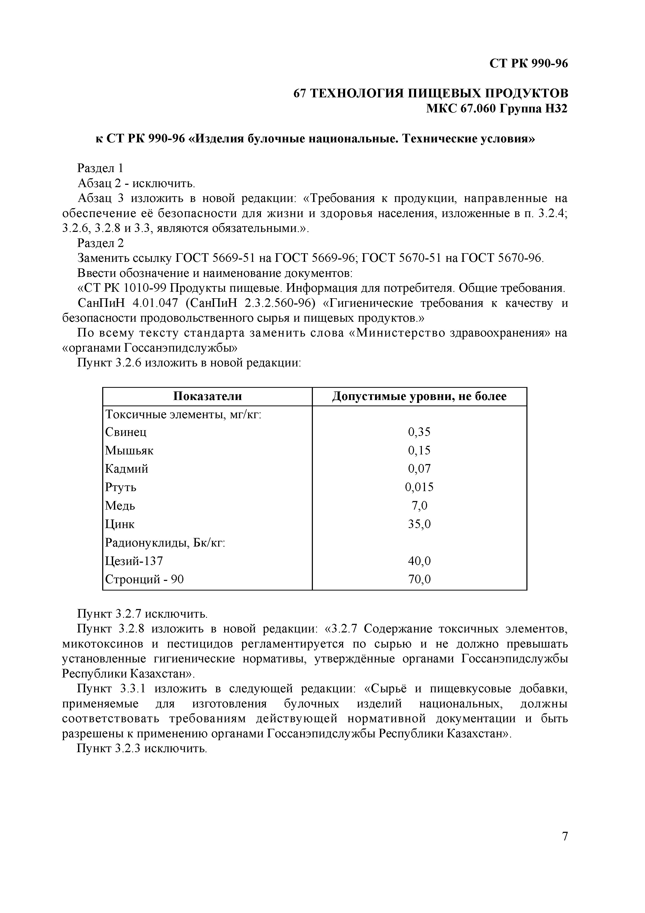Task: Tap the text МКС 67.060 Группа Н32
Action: pos(497,108)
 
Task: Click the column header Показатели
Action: pos(208,396)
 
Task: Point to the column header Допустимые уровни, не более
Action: pos(419,396)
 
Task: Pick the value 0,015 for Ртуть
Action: pos(419,487)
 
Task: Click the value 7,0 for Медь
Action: pos(419,506)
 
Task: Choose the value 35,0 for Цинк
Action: pos(419,524)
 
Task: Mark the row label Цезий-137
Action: pos(134,561)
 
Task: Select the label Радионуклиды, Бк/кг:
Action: pos(165,543)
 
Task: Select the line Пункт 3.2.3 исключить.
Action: pos(142,749)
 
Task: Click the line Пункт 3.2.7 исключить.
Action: pos(142,614)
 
